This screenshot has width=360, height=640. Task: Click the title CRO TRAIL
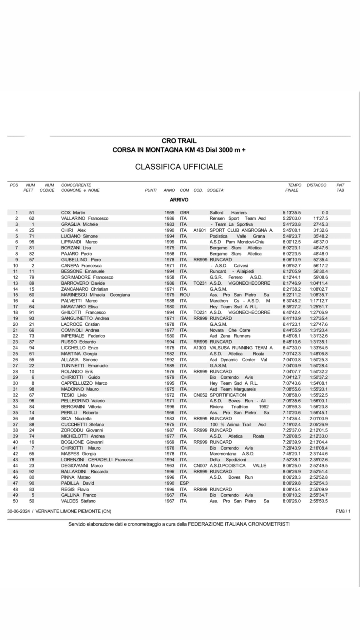(x=179, y=141)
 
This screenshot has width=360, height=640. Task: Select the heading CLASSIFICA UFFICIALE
(x=179, y=167)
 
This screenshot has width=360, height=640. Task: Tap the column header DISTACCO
(x=316, y=185)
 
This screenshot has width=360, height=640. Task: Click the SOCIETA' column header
(x=216, y=190)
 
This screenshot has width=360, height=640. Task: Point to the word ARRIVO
(x=179, y=200)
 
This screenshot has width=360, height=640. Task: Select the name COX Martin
(x=73, y=213)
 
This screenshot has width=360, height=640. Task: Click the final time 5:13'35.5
(x=292, y=213)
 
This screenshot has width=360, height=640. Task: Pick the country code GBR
(x=185, y=213)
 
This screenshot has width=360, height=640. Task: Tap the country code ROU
(x=185, y=295)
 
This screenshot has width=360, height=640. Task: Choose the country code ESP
(x=184, y=483)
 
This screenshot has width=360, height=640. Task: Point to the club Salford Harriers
(x=228, y=213)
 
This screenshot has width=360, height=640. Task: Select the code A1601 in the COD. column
(x=200, y=230)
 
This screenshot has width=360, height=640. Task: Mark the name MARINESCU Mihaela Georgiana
(x=95, y=295)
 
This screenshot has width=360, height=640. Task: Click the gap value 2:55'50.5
(x=318, y=501)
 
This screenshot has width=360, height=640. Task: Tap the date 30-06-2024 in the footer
(x=18, y=512)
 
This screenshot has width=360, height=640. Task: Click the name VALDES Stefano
(x=78, y=501)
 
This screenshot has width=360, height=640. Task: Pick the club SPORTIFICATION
(x=228, y=395)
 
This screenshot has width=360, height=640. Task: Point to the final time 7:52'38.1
(x=292, y=460)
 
